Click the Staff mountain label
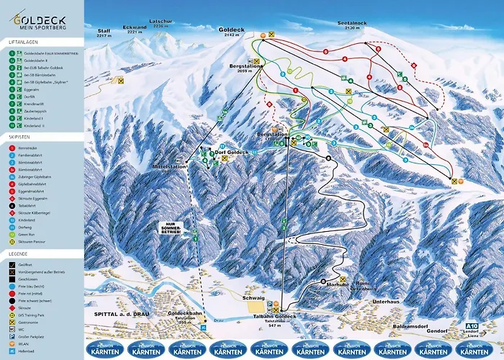pos(104,32)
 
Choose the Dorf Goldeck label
pos(233,153)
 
